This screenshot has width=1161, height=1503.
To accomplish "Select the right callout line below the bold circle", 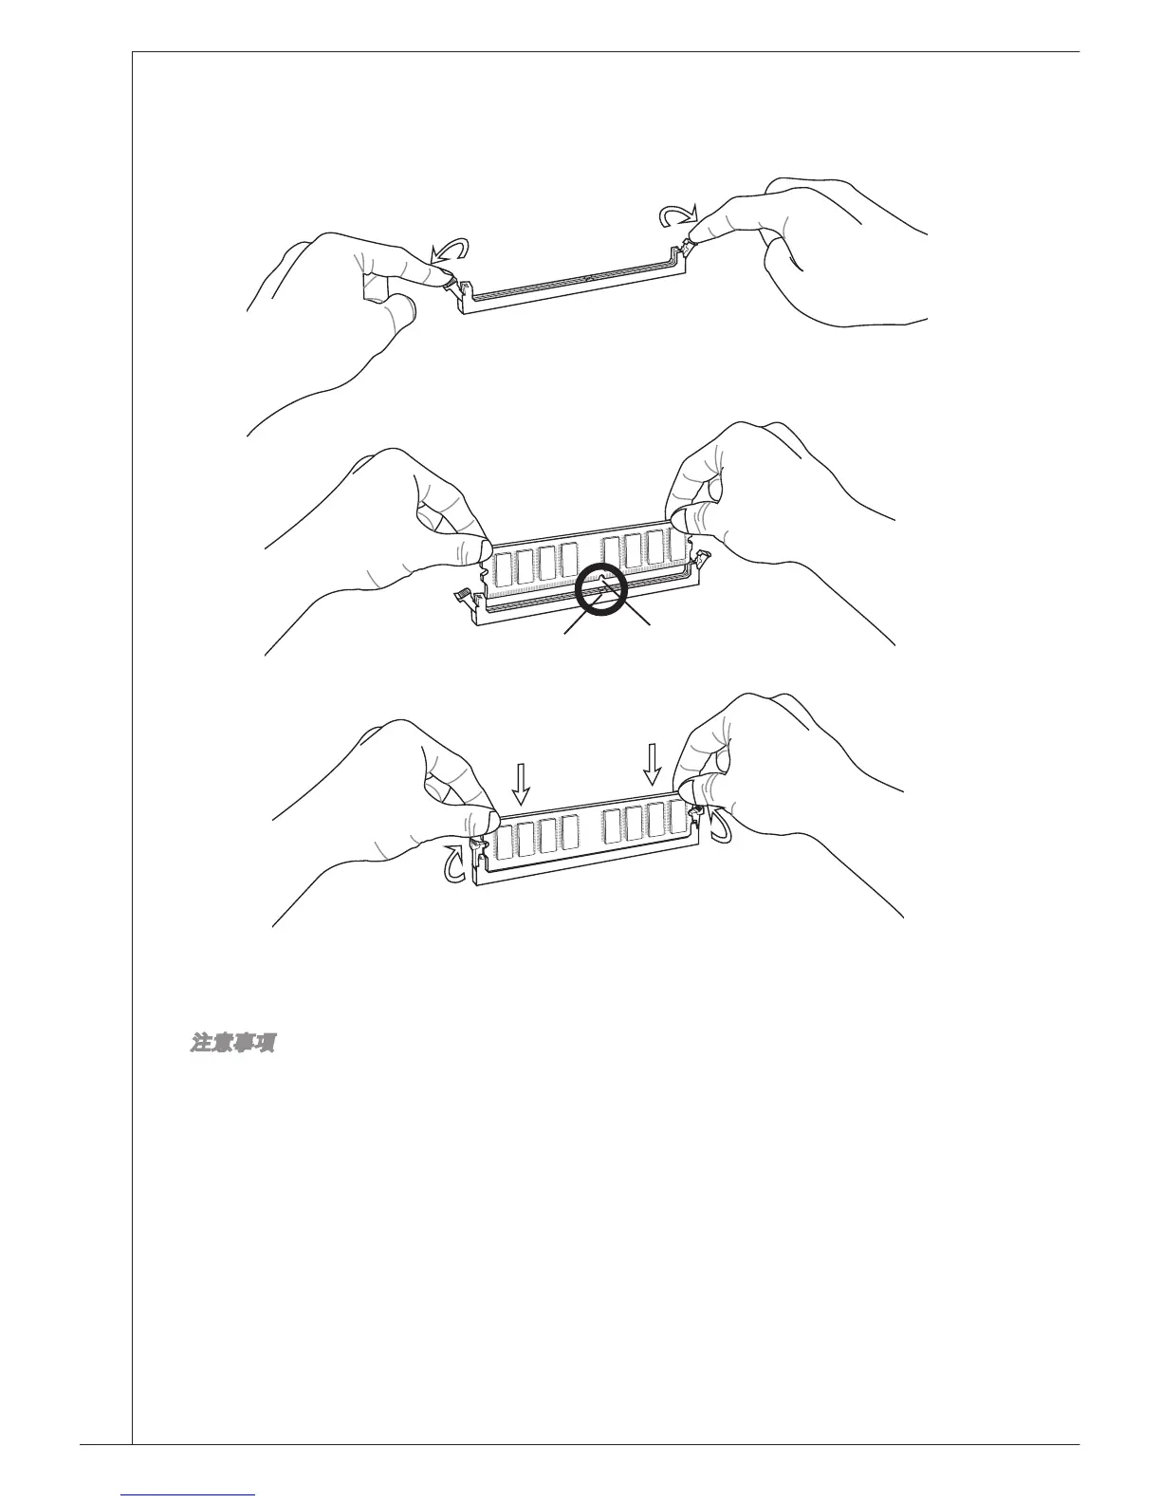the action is click(638, 622).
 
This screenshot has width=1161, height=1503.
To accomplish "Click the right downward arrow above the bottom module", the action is click(652, 762).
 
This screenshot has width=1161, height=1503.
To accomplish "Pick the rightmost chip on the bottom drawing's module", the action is click(676, 816).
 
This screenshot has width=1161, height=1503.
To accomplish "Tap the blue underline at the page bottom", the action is click(189, 1494).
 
